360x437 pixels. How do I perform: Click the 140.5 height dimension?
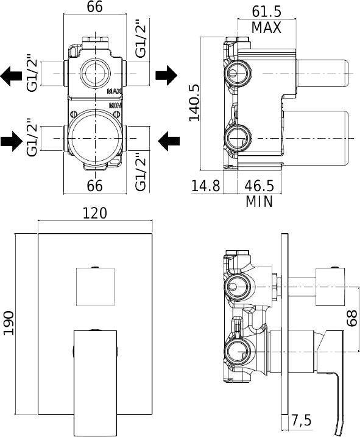[x=194, y=102]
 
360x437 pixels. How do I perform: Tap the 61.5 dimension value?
[x=267, y=12]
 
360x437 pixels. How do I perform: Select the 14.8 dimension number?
[x=205, y=186]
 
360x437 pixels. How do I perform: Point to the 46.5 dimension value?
[x=259, y=186]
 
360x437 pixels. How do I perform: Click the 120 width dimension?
[x=95, y=213]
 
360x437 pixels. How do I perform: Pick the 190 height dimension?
[x=9, y=323]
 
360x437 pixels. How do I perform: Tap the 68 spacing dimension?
[x=352, y=318]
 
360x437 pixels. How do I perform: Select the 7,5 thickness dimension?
[x=301, y=421]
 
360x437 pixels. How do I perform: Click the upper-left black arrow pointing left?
[x=11, y=75]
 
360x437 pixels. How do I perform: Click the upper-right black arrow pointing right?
[x=166, y=75]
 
